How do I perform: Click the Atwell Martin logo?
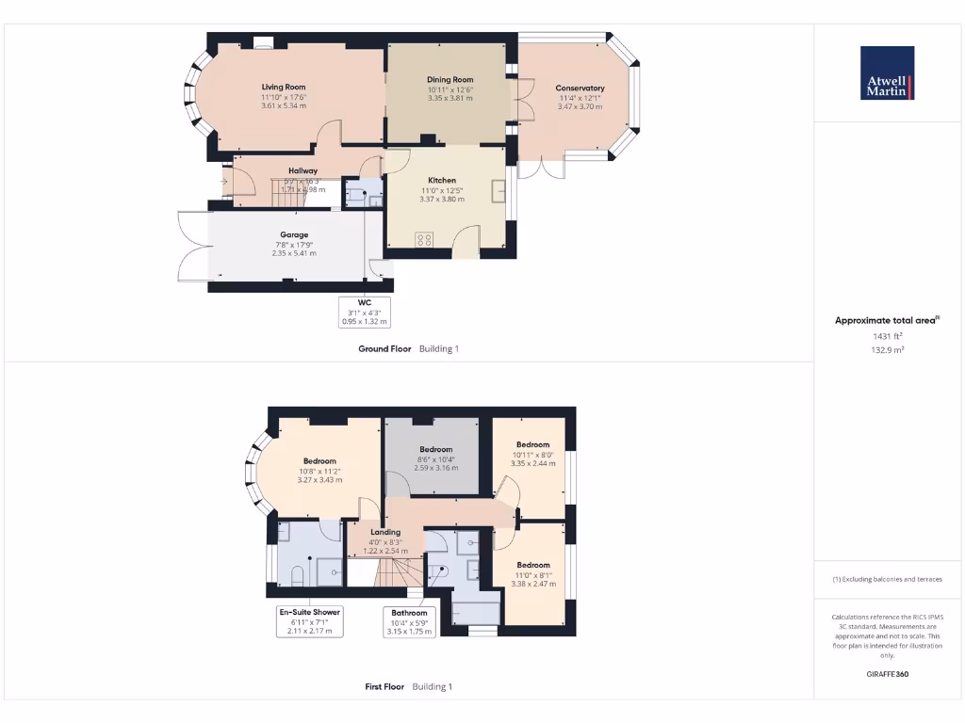pos(887,73)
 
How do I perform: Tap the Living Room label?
pos(284,87)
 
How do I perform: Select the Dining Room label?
pos(450,80)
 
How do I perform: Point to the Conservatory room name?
pos(580,88)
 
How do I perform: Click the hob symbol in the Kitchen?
pos(424,239)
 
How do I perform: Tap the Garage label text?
pos(294,235)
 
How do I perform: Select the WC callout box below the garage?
pos(365,312)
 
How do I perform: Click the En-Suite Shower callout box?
pos(309,621)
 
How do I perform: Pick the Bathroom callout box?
pos(409,622)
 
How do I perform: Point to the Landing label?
pos(385,532)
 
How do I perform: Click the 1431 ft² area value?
pos(887,335)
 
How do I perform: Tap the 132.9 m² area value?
pos(887,349)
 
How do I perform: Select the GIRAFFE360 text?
pos(887,674)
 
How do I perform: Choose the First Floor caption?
pos(384,687)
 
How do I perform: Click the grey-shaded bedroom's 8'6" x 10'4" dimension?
pos(436,458)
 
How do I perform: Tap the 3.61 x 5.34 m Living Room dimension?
pos(284,105)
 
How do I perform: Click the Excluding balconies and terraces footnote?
pos(887,579)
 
